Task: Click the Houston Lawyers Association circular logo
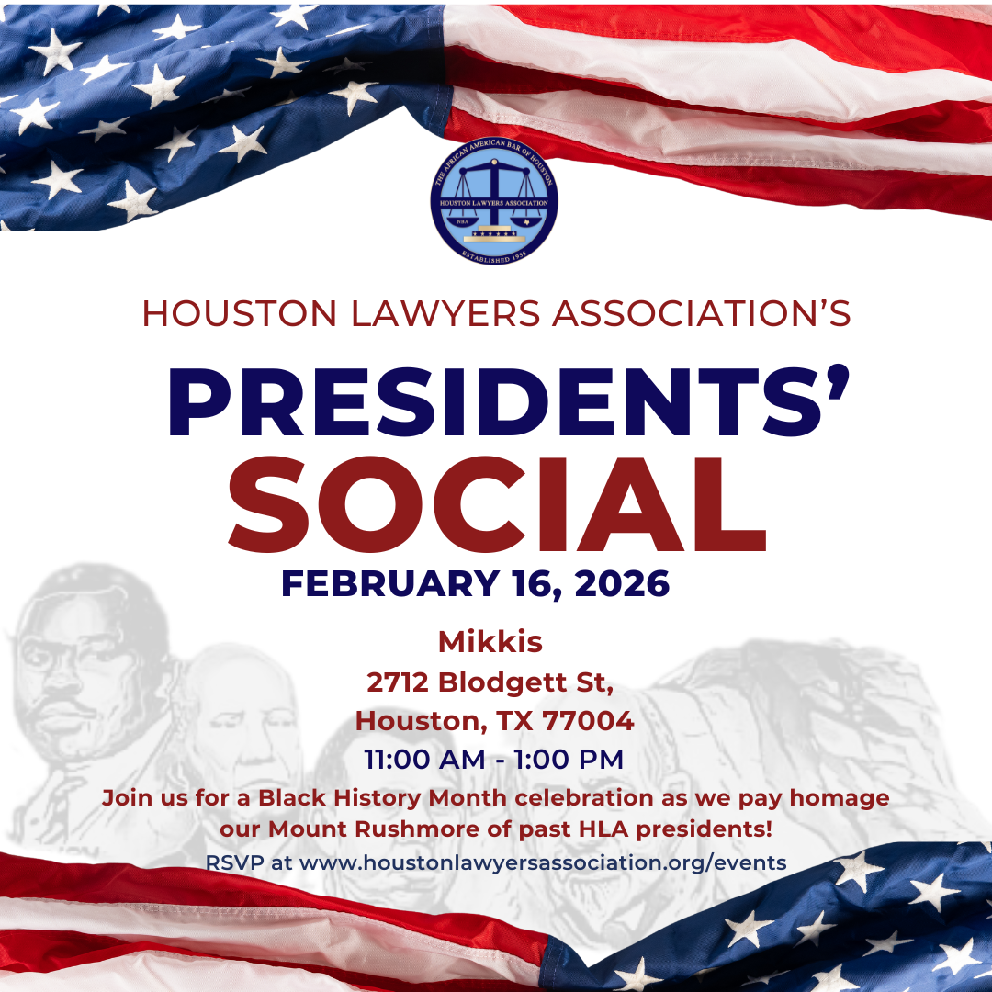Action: [494, 200]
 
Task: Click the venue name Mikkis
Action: [490, 642]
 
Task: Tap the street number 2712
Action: [399, 682]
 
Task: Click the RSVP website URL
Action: [543, 863]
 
